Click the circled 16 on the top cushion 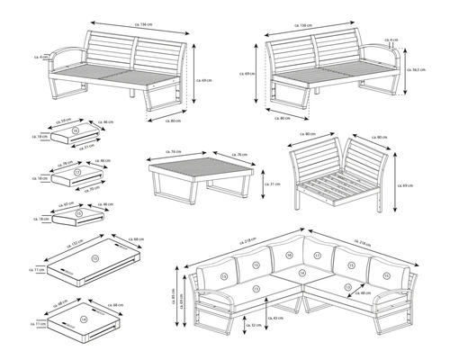click(x=75, y=131)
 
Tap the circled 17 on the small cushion click(x=76, y=171)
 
